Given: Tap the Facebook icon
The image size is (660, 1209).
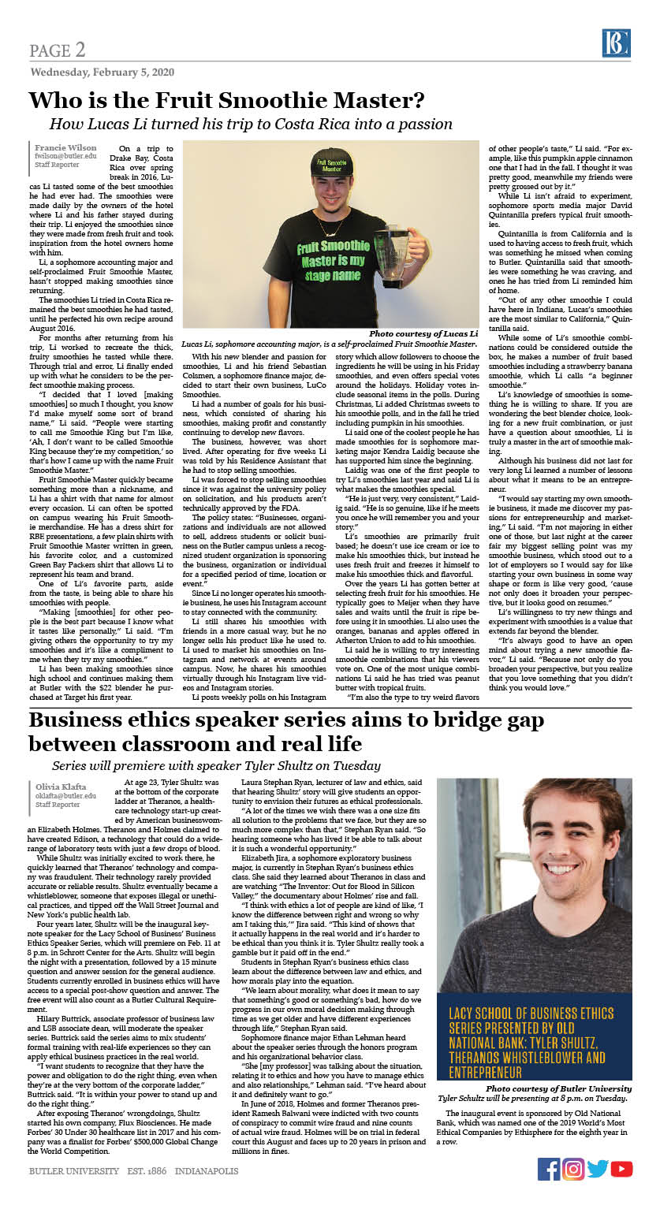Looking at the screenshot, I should [549, 1169].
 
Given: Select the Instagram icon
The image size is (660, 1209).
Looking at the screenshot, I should [573, 1169].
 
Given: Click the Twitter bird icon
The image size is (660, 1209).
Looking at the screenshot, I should [598, 1169].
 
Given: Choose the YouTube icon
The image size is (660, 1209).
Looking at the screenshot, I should [622, 1169].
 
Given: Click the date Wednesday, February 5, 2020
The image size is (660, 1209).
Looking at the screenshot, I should [102, 72].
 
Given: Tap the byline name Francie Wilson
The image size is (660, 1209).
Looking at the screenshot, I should [65, 147].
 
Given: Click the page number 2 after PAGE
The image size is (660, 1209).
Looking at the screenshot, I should [80, 51].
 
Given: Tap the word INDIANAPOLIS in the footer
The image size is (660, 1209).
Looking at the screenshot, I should [207, 1170].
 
